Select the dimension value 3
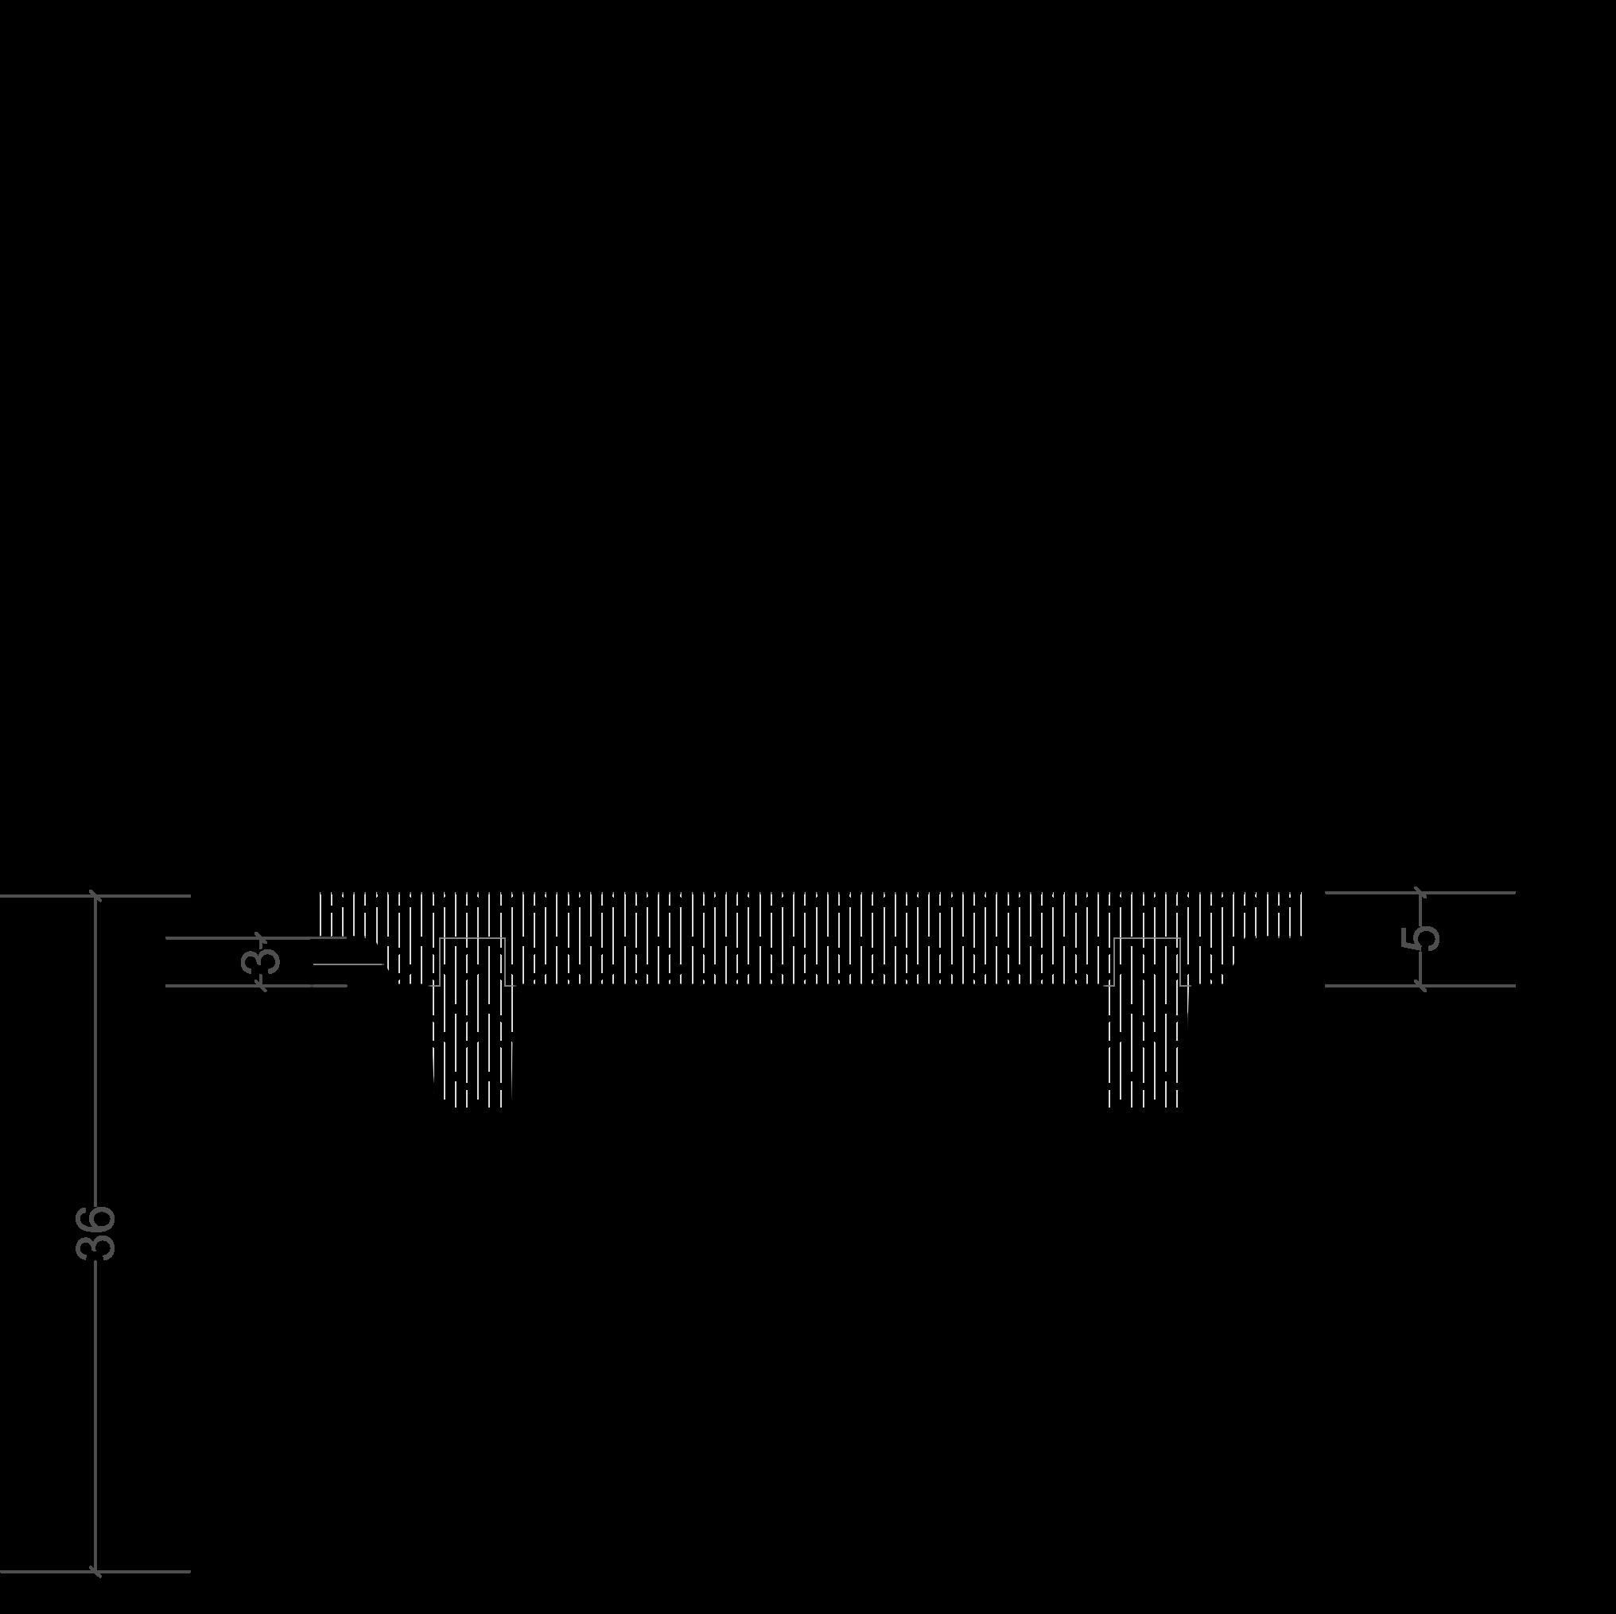262,960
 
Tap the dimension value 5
1421,938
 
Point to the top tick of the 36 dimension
96,895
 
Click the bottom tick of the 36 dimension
96,1571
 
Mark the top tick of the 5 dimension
1420,892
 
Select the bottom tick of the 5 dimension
1420,986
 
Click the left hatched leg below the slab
472,1046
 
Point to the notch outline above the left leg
472,940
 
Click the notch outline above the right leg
1147,940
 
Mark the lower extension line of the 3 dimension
209,986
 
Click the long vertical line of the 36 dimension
96,1087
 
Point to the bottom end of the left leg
472,1104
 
